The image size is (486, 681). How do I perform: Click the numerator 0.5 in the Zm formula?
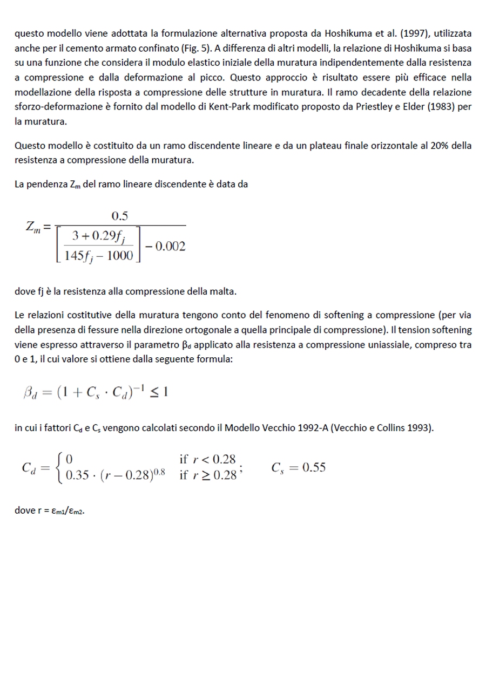[x=119, y=216]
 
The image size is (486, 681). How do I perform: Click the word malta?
[x=222, y=291]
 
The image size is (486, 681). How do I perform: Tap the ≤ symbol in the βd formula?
[x=153, y=392]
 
